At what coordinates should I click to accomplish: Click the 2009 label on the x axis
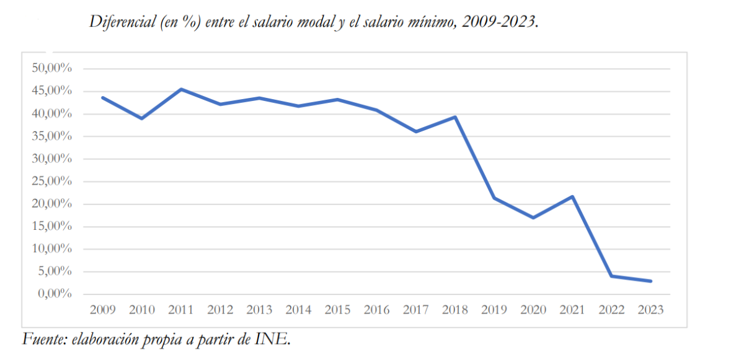coord(102,310)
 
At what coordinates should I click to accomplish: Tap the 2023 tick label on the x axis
coord(650,310)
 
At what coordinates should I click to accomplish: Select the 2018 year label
coord(454,310)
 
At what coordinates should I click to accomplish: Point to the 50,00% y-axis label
coord(51,69)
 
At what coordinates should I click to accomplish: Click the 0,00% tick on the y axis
coord(55,294)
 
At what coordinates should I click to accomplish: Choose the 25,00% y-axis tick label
coord(51,182)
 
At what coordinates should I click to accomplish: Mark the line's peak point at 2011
coord(181,89)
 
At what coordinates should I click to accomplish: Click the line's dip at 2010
coord(142,118)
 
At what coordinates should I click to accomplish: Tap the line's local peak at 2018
coord(455,117)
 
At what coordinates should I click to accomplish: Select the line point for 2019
coord(494,198)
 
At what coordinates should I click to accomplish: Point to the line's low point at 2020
coord(533,217)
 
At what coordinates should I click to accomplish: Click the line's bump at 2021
coord(572,196)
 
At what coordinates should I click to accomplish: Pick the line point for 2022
coord(611,276)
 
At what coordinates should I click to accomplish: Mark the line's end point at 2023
coord(650,281)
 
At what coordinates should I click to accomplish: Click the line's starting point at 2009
coord(103,97)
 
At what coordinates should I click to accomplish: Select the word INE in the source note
coord(274,339)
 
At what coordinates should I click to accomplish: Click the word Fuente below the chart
coord(44,339)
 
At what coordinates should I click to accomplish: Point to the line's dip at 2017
coord(416,131)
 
